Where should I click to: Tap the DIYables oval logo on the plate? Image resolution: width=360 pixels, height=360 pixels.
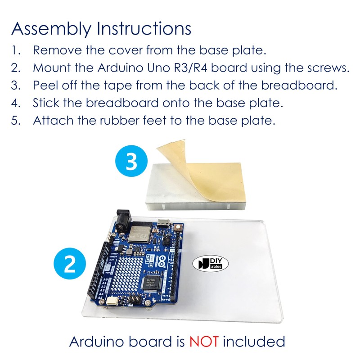(214, 264)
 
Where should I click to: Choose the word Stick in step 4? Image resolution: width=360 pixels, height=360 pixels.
(45, 103)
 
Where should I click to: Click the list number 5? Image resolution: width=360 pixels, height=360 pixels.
(16, 121)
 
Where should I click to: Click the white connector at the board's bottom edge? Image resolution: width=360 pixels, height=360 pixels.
(111, 302)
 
